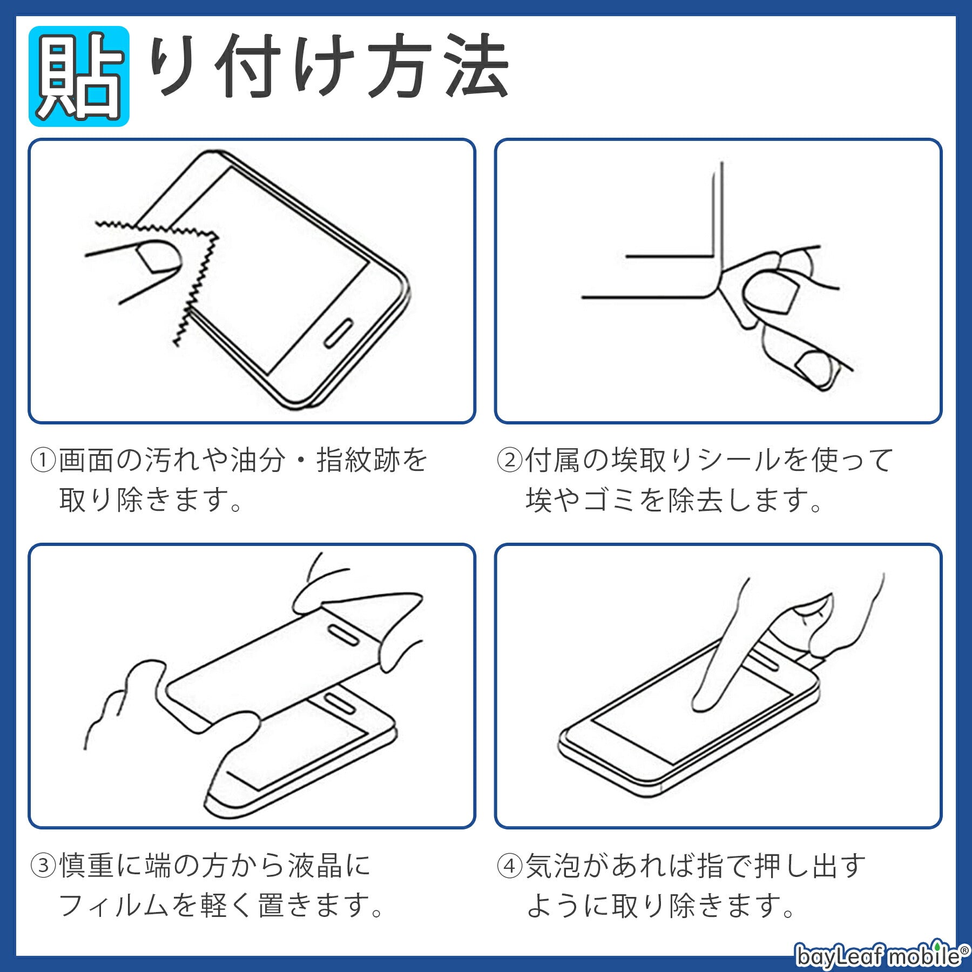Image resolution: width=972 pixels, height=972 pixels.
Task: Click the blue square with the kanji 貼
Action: coord(79,76)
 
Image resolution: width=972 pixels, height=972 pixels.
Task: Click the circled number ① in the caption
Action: coord(43,460)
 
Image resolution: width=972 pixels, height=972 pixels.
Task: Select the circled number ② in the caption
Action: coord(510,460)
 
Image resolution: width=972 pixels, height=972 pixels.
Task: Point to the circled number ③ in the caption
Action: coord(43,866)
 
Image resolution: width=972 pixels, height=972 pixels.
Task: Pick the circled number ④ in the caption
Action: coord(510,866)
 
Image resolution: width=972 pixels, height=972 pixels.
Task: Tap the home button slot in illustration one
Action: coord(339,333)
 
